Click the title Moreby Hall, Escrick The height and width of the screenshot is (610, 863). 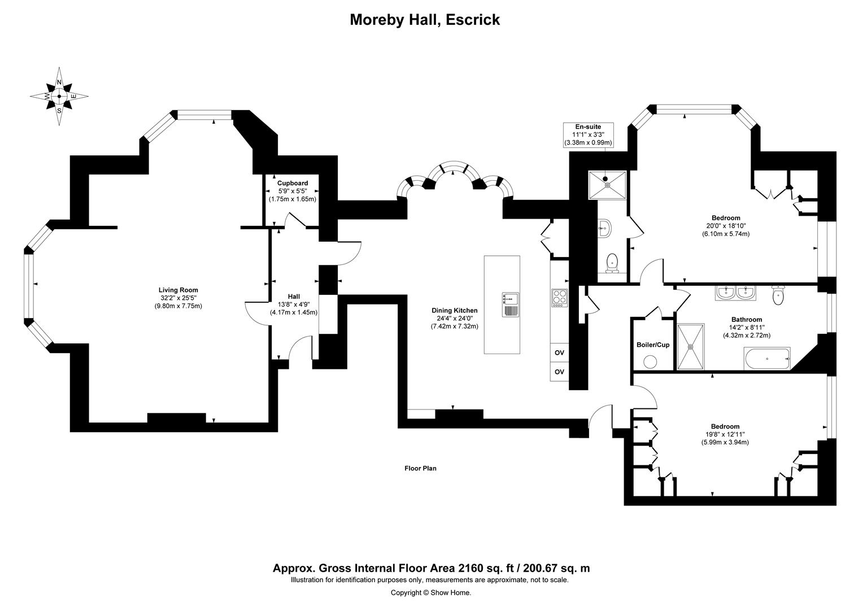click(x=425, y=20)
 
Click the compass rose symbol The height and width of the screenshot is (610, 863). click(x=59, y=97)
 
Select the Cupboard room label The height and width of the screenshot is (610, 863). click(x=293, y=183)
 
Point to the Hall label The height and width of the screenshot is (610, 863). click(x=294, y=297)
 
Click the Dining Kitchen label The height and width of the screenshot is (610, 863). click(x=454, y=310)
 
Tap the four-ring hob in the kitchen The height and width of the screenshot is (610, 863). click(x=559, y=298)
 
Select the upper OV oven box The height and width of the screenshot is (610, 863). click(x=559, y=352)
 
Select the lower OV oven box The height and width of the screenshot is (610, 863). click(x=559, y=372)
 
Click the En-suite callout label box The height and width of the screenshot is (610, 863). click(x=588, y=135)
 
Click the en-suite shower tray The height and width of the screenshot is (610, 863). click(x=607, y=184)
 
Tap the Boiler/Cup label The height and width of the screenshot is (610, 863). click(x=653, y=345)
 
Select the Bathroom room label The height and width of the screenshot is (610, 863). click(x=747, y=319)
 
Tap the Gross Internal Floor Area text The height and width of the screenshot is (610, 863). click(x=431, y=568)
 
